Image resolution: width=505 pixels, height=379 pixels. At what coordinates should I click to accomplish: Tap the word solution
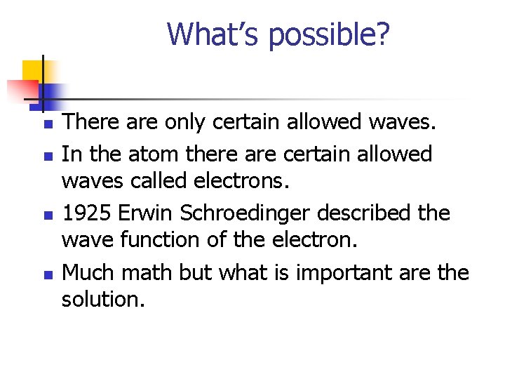[102, 300]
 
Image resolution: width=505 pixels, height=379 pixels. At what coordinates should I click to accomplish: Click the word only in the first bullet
[186, 123]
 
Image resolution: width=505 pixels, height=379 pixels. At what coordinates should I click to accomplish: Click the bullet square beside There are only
[47, 124]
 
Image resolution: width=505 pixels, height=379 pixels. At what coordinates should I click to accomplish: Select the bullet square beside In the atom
[47, 154]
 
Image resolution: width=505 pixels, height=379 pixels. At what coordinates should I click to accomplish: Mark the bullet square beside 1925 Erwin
[47, 213]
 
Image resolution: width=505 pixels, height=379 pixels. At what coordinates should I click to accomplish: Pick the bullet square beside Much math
[47, 272]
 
